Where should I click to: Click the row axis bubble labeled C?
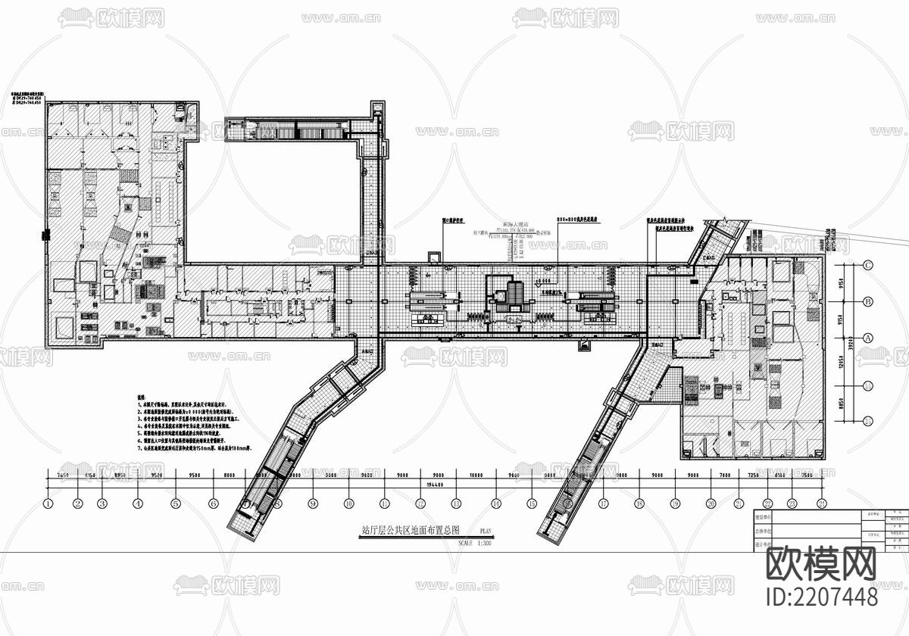pyautogui.click(x=869, y=264)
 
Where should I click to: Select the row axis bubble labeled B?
pyautogui.click(x=869, y=301)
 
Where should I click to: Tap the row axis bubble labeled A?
pyautogui.click(x=869, y=338)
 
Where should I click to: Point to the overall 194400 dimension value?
pyautogui.click(x=435, y=485)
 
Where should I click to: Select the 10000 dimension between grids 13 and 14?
pyautogui.click(x=476, y=475)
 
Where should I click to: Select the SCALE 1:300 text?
pyautogui.click(x=475, y=543)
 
